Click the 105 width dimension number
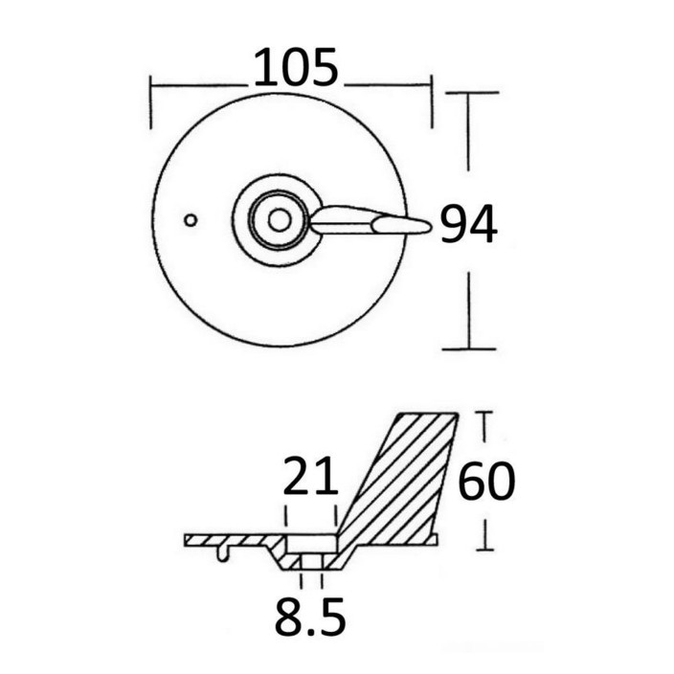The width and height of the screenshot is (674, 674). point(296,67)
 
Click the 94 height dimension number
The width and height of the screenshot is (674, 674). point(469,224)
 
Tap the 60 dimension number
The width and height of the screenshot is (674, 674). point(486,481)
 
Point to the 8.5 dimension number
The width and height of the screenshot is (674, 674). point(310,616)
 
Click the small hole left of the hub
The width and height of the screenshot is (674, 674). point(191,220)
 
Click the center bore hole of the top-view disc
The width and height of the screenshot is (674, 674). point(280,220)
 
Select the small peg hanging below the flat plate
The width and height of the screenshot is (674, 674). point(222,553)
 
